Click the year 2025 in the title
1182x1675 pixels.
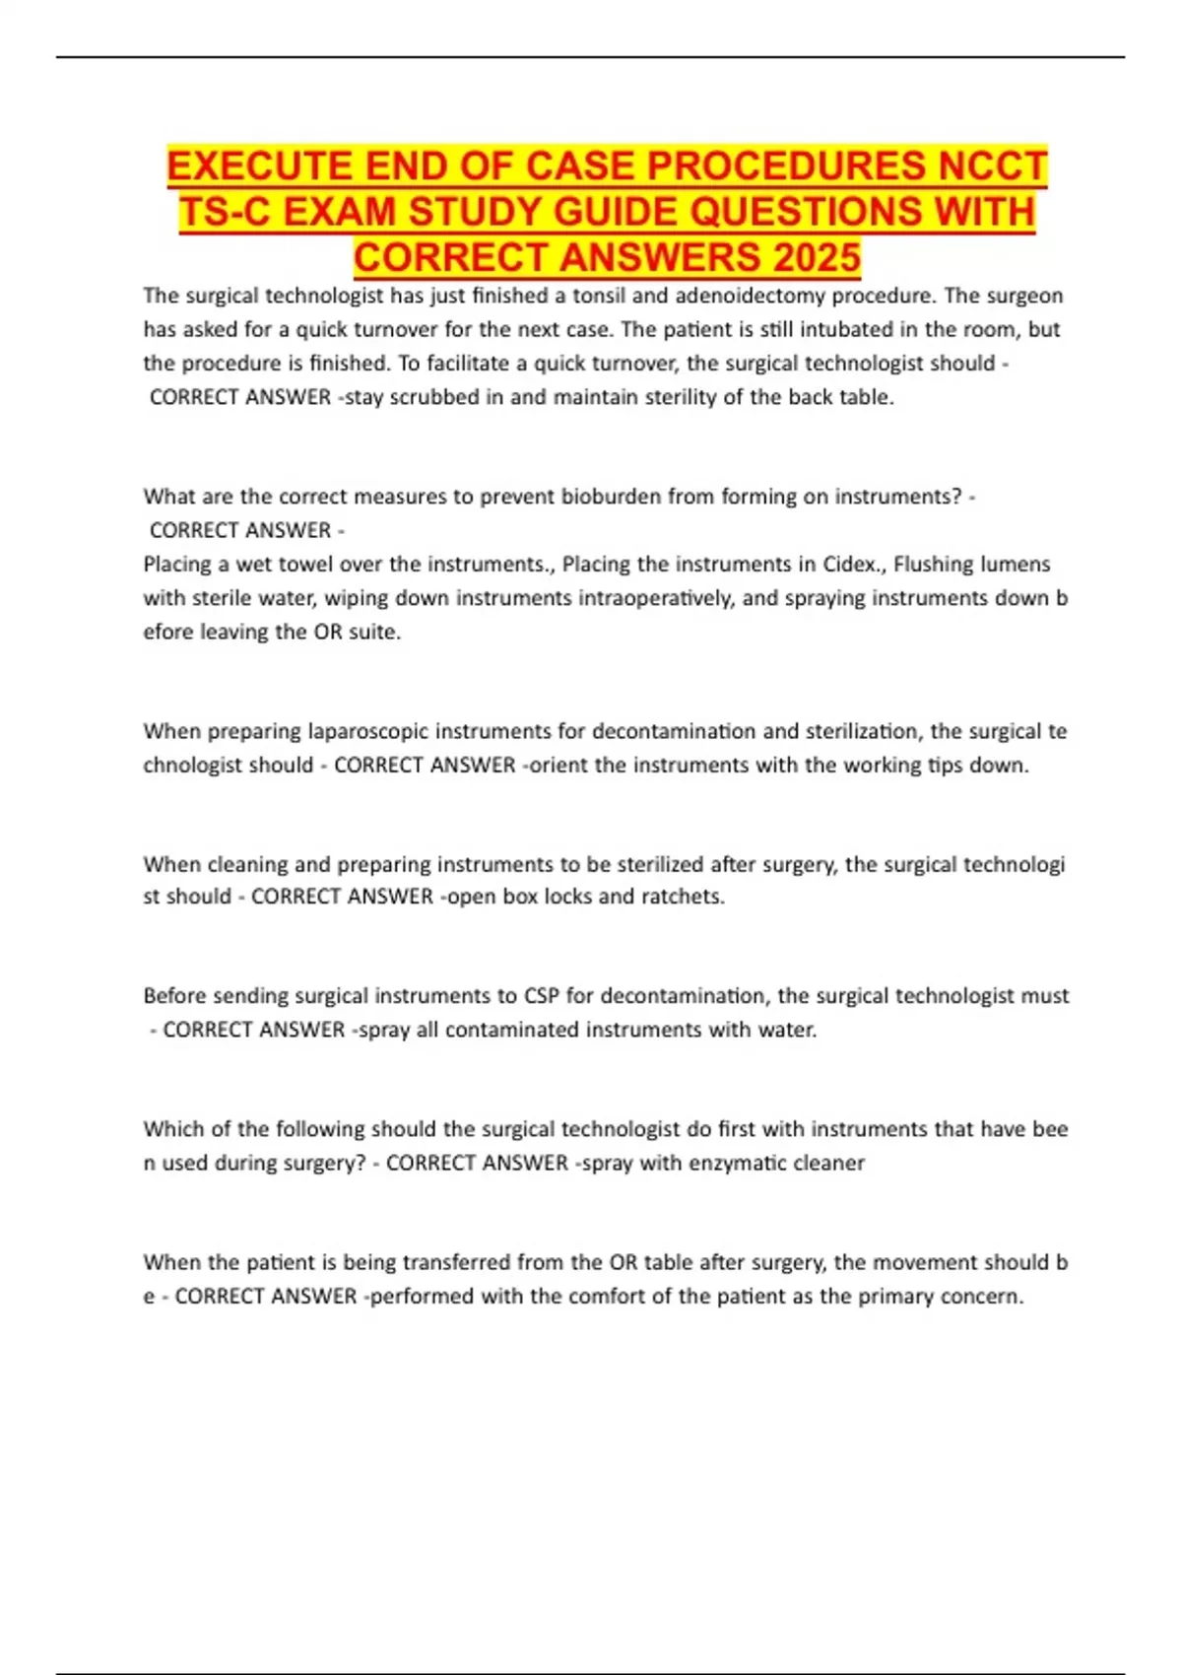(817, 257)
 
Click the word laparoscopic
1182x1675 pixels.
(368, 731)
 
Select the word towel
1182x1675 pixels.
(308, 565)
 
